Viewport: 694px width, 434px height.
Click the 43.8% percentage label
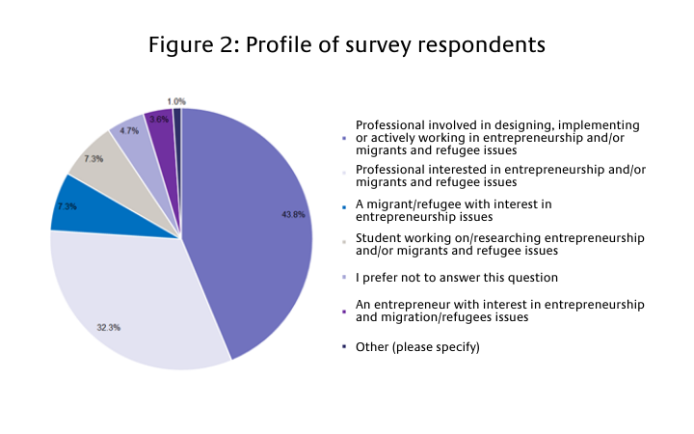[x=293, y=214]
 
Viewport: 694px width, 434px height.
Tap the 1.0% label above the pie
[x=175, y=101]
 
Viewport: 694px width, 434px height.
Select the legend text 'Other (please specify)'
[x=417, y=345]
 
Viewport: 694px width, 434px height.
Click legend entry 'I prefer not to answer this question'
[x=457, y=278]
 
